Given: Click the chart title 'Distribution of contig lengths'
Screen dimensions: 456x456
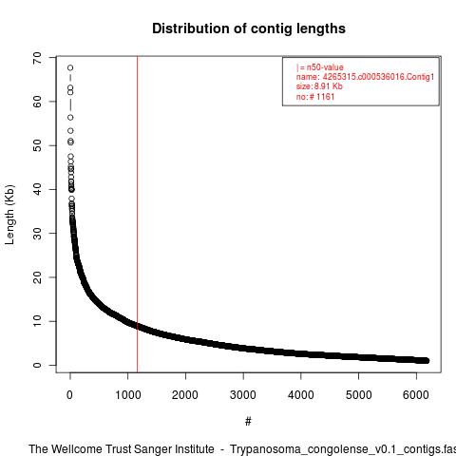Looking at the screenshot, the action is pos(249,28).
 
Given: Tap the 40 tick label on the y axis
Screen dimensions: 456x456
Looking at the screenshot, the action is pos(37,189).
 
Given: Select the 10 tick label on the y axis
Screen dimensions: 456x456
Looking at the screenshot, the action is pos(37,321).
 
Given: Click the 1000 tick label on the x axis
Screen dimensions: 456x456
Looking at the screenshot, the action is pos(127,395).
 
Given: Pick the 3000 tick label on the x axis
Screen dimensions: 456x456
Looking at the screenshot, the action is pos(243,395).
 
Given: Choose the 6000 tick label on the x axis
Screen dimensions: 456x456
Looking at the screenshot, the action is pos(416,395).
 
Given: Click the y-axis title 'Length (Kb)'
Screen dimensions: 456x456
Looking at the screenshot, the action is pos(10,215).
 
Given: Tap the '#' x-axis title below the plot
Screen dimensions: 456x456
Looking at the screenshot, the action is pos(248,422).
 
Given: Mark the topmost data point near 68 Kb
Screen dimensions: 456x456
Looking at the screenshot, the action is pos(70,67).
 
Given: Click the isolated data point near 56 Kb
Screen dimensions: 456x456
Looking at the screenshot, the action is pos(70,118).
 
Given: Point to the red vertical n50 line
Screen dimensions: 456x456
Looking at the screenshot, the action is pos(137,215).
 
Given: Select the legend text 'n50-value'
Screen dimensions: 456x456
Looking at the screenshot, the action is pos(325,67).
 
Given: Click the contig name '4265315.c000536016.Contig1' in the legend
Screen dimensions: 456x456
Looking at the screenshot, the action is pos(378,77).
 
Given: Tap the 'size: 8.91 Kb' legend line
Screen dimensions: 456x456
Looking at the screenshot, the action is pos(319,86).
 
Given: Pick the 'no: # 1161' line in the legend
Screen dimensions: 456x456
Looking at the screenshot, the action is pos(315,97).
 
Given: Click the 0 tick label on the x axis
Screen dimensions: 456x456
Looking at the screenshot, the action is pos(69,395).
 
